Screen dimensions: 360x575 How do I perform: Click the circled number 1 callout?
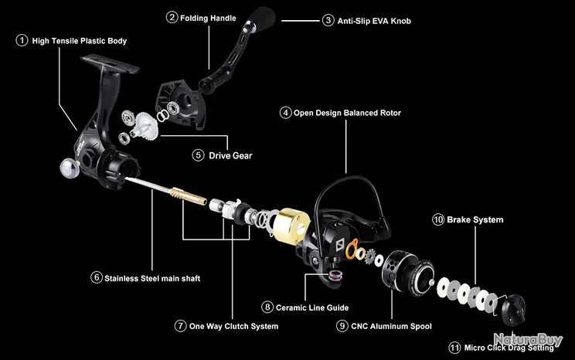[22, 40]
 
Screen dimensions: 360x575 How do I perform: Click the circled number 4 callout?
[286, 113]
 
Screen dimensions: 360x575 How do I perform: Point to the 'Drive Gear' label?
[230, 155]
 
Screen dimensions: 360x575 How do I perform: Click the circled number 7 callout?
[181, 326]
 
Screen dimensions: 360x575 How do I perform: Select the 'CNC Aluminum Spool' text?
[390, 326]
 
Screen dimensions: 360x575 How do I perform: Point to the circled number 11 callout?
[454, 348]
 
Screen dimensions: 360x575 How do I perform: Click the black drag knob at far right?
[512, 311]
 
